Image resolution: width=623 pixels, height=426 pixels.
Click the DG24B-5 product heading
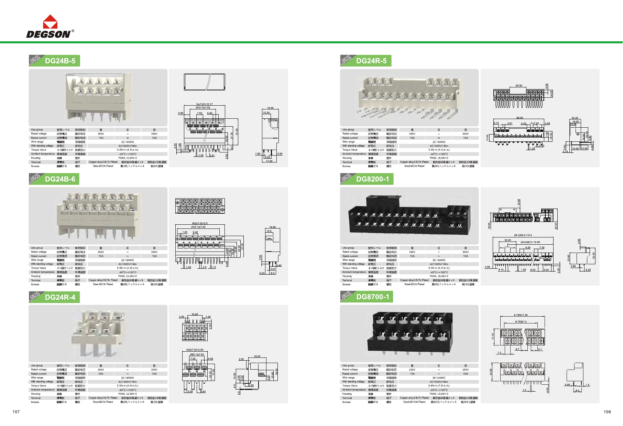[60, 61]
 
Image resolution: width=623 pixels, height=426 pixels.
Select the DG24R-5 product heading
[371, 61]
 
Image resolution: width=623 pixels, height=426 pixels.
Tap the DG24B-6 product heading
[60, 179]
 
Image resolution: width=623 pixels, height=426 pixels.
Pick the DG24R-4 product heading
[60, 297]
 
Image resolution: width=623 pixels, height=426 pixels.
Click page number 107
[16, 412]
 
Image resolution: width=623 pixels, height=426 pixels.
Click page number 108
[607, 412]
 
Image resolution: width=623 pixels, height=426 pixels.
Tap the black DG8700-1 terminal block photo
[409, 333]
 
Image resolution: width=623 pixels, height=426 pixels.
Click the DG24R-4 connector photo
[98, 333]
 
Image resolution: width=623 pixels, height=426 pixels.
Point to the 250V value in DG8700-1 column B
[412, 370]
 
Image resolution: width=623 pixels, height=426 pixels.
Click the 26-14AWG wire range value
[439, 378]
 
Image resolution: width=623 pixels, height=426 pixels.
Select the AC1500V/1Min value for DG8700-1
[439, 382]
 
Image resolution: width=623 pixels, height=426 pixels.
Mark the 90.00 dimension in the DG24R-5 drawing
[520, 118]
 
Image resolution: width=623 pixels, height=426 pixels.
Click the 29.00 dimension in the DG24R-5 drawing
[518, 86]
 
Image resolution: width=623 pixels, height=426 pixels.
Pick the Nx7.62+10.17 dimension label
[204, 104]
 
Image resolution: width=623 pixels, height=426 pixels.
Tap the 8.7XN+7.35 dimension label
[521, 315]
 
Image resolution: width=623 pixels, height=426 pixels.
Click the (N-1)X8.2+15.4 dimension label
[523, 235]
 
